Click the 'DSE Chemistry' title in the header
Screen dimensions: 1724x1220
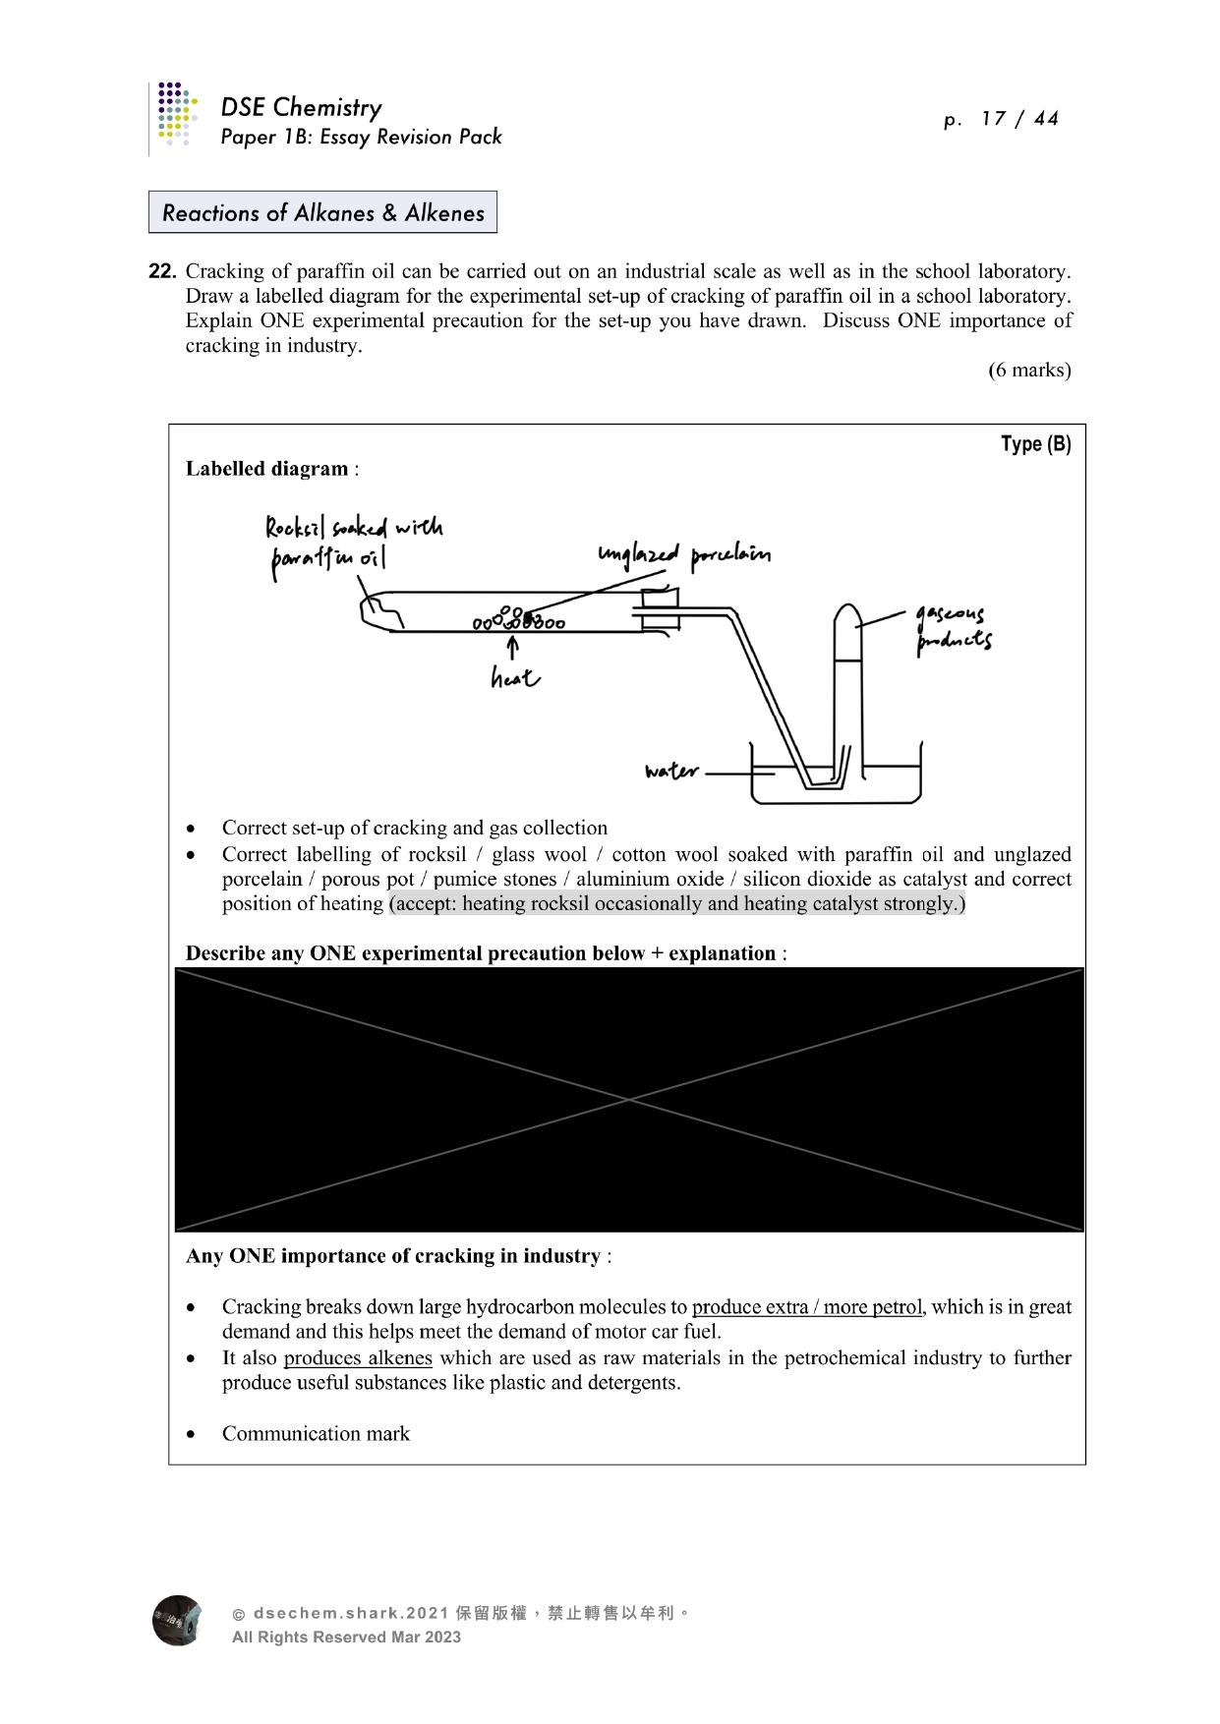(301, 107)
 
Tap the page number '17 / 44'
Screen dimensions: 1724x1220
(1018, 119)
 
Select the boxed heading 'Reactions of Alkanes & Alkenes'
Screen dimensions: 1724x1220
(322, 212)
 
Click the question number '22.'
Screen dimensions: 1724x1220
(162, 271)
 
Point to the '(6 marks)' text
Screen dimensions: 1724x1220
(1029, 370)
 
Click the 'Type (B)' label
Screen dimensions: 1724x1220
(1035, 444)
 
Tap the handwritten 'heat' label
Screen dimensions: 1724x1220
(515, 676)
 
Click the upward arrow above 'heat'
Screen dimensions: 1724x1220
(512, 647)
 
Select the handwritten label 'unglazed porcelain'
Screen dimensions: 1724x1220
(684, 555)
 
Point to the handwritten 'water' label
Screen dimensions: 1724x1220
(671, 772)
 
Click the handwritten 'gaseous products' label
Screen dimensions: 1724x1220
(953, 629)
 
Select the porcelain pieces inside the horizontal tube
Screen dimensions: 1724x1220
(519, 619)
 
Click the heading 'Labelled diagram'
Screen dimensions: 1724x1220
(267, 469)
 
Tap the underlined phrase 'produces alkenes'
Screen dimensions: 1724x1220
(358, 1357)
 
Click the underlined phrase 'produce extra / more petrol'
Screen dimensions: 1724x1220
(807, 1306)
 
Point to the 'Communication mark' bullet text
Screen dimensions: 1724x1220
(316, 1433)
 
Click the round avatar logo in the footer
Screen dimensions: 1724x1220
(177, 1620)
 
